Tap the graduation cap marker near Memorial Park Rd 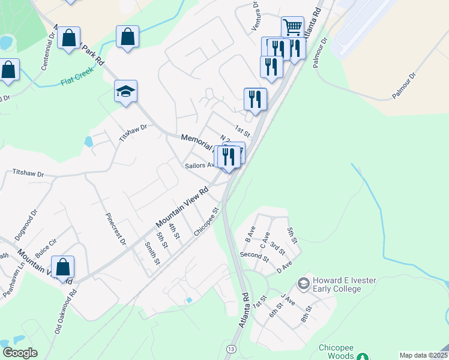point(126,92)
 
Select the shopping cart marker point(292,28)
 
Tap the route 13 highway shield point(231,349)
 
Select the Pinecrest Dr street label point(116,229)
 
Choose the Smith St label point(152,253)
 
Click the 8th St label point(308,313)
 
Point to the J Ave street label point(288,299)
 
